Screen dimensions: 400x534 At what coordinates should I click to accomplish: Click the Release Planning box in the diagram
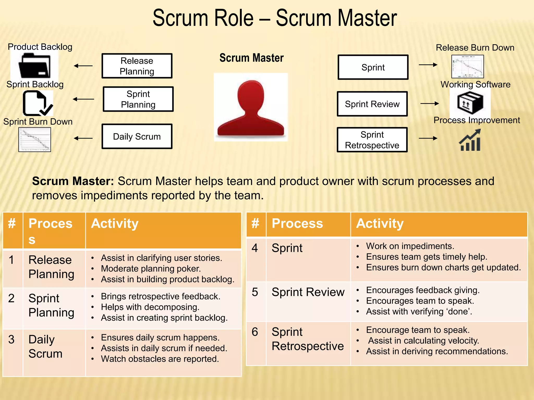[x=137, y=66]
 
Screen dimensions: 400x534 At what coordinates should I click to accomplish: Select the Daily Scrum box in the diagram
[x=137, y=136]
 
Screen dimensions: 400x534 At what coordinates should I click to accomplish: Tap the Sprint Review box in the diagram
[x=372, y=104]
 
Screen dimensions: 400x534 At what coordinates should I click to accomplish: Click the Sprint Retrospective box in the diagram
[x=372, y=140]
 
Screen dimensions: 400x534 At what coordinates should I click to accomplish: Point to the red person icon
[x=251, y=108]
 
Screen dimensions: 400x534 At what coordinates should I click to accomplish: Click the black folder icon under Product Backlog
[x=35, y=65]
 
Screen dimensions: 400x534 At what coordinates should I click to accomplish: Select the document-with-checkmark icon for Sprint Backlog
[x=38, y=103]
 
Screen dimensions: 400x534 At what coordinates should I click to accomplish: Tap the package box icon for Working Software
[x=470, y=103]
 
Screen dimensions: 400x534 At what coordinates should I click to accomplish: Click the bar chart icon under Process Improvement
[x=470, y=141]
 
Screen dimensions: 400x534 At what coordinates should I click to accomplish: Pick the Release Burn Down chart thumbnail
[x=468, y=66]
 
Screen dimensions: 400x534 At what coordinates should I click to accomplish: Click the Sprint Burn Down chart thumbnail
[x=35, y=140]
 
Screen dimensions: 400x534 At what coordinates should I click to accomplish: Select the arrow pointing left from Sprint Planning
[x=83, y=99]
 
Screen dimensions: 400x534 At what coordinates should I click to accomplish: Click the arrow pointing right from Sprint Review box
[x=429, y=104]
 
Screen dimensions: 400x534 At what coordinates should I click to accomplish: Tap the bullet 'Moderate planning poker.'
[x=151, y=268]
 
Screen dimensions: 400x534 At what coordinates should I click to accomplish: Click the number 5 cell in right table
[x=255, y=292]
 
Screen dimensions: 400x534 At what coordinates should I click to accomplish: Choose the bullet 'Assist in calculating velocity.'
[x=423, y=341]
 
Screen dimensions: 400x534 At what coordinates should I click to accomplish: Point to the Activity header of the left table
[x=115, y=223]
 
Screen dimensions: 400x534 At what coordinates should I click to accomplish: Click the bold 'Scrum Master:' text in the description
[x=73, y=181]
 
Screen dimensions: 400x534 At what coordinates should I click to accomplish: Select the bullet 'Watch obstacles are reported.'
[x=160, y=359]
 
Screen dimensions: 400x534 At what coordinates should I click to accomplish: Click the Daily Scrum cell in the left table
[x=46, y=346]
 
